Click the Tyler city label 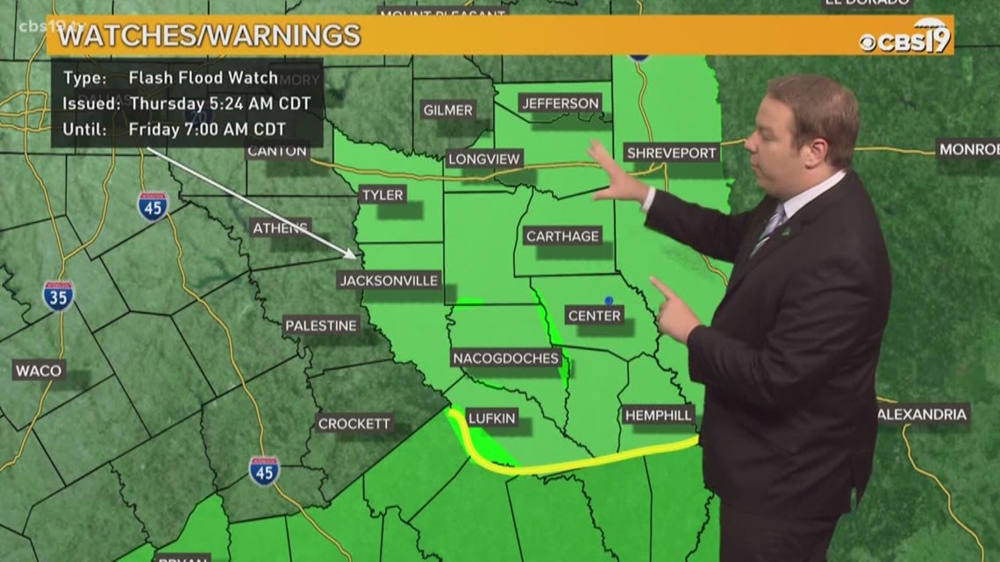point(382,195)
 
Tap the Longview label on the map point(484,159)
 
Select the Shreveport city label point(672,153)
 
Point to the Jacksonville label point(389,281)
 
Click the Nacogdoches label point(506,358)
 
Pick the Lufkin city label point(491,418)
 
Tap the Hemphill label point(658,415)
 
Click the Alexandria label point(923,414)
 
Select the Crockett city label point(354,423)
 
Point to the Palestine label point(321,325)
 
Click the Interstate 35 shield point(59,295)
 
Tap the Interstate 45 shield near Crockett point(264,471)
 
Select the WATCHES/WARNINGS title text point(210,36)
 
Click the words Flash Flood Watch point(203,77)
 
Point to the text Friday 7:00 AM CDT point(207,129)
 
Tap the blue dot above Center point(608,301)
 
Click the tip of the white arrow point(355,258)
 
